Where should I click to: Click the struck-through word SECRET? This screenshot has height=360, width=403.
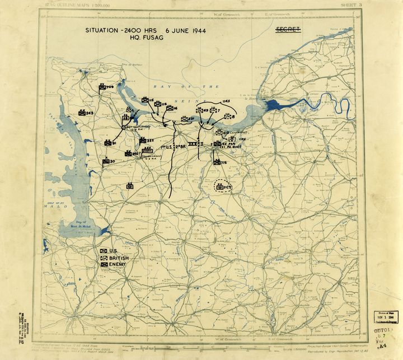(x=288, y=29)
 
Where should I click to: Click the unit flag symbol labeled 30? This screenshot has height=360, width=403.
(x=105, y=162)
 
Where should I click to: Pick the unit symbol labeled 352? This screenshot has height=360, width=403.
(x=143, y=140)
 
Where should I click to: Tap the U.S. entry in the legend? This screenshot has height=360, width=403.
(x=110, y=250)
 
